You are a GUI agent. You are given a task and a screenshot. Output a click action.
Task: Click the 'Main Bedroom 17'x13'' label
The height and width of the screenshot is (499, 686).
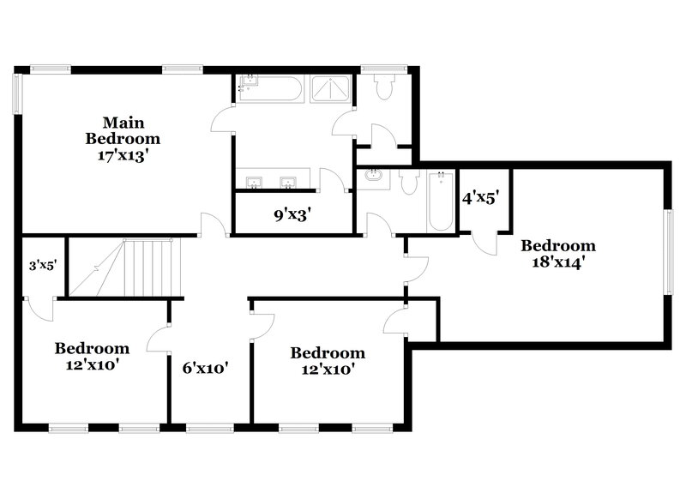pyautogui.click(x=122, y=138)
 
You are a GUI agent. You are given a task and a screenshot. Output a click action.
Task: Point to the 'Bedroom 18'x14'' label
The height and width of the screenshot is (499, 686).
pyautogui.click(x=558, y=253)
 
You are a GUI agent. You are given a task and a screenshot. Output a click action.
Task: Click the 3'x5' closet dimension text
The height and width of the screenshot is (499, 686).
pyautogui.click(x=42, y=265)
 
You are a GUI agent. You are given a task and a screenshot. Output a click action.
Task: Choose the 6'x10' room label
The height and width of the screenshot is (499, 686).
pyautogui.click(x=206, y=368)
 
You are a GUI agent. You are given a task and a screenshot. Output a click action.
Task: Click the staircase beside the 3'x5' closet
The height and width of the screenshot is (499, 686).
pyautogui.click(x=127, y=268)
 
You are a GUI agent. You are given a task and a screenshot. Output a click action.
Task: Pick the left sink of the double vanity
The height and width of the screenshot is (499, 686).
pyautogui.click(x=255, y=182)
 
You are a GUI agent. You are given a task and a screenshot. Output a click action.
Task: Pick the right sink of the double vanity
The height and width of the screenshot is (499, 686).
pyautogui.click(x=289, y=182)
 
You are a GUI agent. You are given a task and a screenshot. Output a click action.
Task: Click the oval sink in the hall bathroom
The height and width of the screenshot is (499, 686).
pyautogui.click(x=374, y=177)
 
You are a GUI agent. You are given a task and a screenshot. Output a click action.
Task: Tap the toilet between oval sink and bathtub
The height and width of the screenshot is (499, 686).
pyautogui.click(x=407, y=182)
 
